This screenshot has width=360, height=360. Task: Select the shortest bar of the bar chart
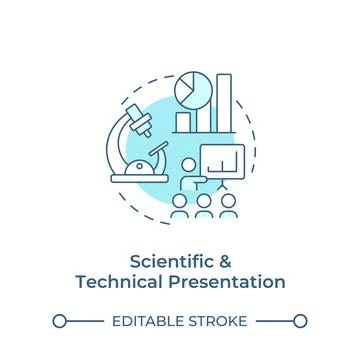pos(184,122)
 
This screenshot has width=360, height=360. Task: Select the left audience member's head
pos(180,200)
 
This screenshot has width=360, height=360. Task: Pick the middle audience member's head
pos(204,200)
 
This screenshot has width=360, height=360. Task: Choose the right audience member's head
pos(229,200)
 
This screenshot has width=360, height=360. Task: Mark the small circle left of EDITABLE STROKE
pos(59,321)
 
